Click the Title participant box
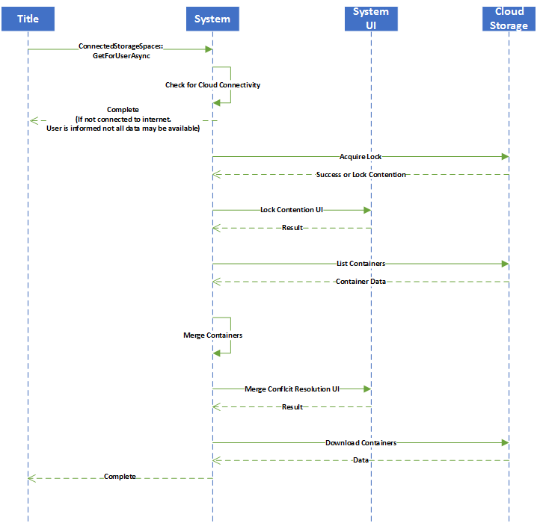click(28, 19)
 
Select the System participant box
click(212, 19)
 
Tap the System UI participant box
click(371, 19)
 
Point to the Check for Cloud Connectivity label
click(212, 85)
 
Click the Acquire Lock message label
click(361, 157)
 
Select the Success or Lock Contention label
click(360, 175)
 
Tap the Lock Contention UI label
click(292, 210)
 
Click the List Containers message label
click(360, 264)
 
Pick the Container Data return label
click(360, 282)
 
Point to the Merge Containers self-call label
click(212, 335)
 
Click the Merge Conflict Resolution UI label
click(292, 389)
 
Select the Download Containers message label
click(360, 443)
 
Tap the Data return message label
click(360, 460)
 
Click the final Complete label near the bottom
click(120, 477)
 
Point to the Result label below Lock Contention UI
click(292, 228)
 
